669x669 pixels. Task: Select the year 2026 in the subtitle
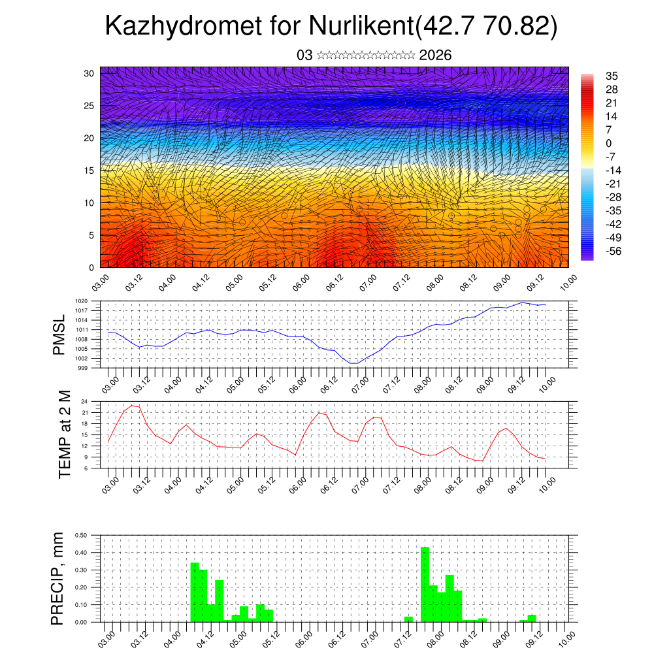(435, 55)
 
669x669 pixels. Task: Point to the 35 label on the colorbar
(612, 76)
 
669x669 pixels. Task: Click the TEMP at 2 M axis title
(64, 434)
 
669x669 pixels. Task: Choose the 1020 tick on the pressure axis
(82, 301)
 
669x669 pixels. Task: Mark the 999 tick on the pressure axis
(83, 368)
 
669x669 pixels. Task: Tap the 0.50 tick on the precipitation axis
(80, 535)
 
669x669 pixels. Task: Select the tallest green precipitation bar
(425, 584)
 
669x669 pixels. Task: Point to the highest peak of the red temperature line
(133, 406)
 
